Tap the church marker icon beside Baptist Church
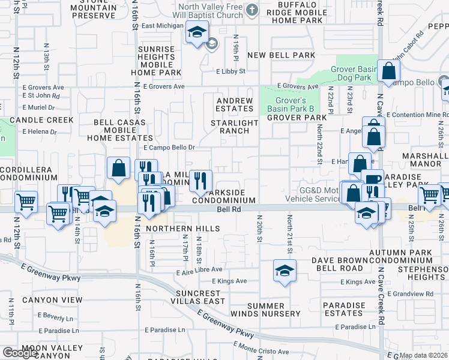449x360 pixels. pyautogui.click(x=252, y=10)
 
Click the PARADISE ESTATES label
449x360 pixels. pyautogui.click(x=343, y=310)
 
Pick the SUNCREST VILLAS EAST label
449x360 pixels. pyautogui.click(x=200, y=297)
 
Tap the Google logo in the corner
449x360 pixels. pyautogui.click(x=20, y=353)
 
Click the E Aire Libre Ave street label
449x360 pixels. pyautogui.click(x=199, y=271)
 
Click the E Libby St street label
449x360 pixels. pyautogui.click(x=231, y=71)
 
